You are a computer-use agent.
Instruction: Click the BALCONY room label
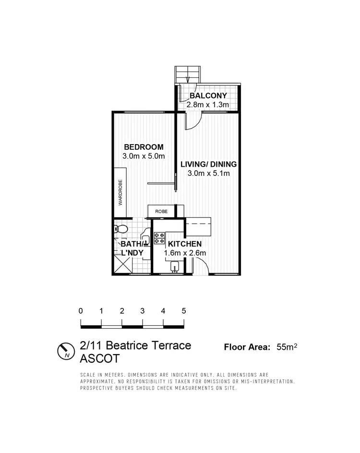click(x=208, y=96)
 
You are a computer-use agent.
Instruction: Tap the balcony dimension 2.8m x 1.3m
click(x=208, y=104)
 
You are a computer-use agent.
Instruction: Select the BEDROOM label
click(x=144, y=147)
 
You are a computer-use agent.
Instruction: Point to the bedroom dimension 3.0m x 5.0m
click(x=144, y=156)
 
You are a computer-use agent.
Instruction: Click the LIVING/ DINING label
click(x=208, y=164)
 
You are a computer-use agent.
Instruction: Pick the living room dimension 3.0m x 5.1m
click(x=208, y=173)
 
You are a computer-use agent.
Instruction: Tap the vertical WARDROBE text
click(x=120, y=193)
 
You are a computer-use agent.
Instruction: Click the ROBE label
click(x=161, y=211)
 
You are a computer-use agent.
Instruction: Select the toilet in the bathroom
click(x=121, y=229)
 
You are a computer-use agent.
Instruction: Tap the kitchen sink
click(x=175, y=266)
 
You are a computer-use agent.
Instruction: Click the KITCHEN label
click(x=185, y=245)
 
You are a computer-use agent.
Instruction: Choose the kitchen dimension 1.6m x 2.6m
click(x=185, y=254)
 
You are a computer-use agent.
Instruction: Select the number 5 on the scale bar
click(x=184, y=311)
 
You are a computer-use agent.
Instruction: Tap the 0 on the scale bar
click(x=81, y=311)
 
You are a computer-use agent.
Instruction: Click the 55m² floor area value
click(x=287, y=347)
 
